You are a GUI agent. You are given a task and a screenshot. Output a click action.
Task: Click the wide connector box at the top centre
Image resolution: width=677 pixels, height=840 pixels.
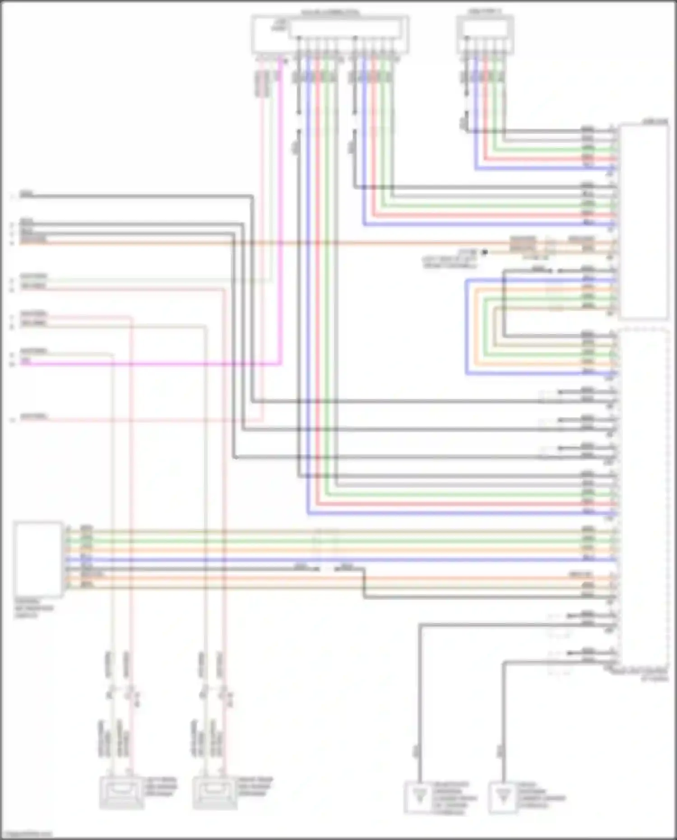click(x=330, y=34)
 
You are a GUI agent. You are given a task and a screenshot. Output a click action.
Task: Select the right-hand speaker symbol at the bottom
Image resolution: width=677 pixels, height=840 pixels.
click(x=215, y=792)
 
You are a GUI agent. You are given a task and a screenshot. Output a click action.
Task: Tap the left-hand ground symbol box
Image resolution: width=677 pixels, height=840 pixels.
click(x=420, y=797)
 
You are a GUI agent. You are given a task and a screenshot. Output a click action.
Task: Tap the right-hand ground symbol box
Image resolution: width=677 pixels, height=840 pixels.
click(x=502, y=797)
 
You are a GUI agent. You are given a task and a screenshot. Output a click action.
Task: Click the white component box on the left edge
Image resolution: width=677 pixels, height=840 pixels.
click(x=38, y=558)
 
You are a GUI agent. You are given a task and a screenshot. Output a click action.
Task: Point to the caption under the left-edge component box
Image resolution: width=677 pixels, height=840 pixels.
click(x=34, y=608)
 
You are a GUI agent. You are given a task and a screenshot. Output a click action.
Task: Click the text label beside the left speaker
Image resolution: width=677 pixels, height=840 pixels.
click(x=161, y=786)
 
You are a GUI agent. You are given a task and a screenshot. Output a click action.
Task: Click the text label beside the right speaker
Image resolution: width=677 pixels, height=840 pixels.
click(x=255, y=786)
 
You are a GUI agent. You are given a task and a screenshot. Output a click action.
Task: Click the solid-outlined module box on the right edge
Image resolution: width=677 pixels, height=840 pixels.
click(x=644, y=221)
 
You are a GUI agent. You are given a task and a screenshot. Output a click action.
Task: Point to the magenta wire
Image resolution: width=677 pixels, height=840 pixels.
click(x=281, y=226)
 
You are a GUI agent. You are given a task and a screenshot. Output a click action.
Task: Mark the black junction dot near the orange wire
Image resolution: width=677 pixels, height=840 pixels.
click(x=484, y=252)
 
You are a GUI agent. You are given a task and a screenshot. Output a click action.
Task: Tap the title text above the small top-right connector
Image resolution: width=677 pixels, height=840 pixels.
click(x=484, y=11)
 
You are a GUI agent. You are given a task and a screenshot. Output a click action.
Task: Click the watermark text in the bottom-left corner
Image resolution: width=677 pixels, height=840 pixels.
click(x=27, y=834)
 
